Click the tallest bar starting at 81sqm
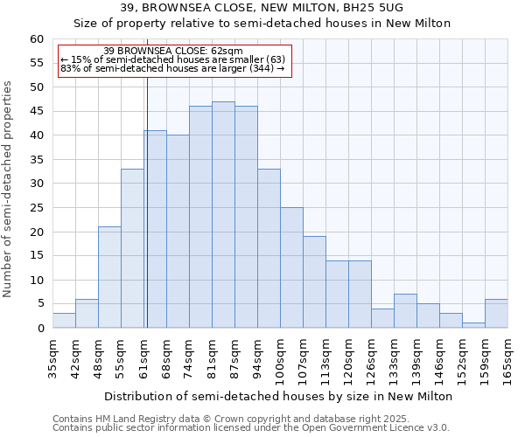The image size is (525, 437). coord(223,215)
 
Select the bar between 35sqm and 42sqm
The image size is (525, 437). coord(64,320)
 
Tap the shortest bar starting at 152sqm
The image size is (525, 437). coord(473,325)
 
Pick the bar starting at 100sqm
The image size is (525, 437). coord(291,267)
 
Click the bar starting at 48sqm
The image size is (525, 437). coord(109,277)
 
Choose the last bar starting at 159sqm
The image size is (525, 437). coord(496,314)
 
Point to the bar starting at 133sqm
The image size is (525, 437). coord(405,311)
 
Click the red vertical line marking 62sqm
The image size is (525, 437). coord(147,201)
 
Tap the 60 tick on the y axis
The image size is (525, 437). coord(37,39)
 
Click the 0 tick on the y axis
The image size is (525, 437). coord(40,329)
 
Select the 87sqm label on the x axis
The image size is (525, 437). coord(234,358)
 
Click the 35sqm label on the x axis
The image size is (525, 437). coord(52,358)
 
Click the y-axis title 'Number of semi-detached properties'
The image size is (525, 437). coord(9,189)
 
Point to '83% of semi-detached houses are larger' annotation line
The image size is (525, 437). coord(172,68)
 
